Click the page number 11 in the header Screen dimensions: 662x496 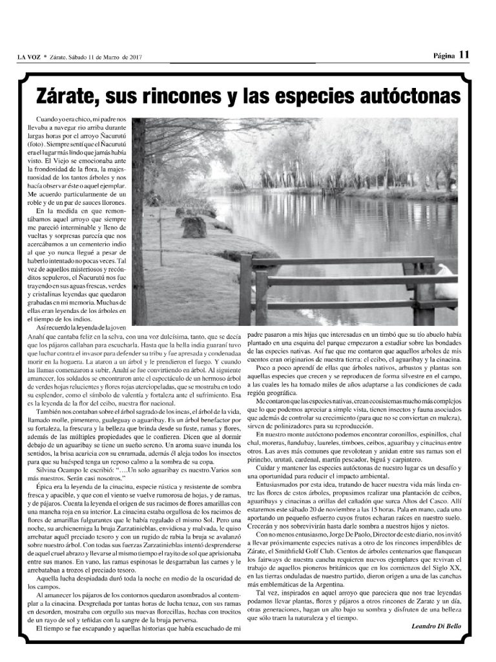tap(464, 55)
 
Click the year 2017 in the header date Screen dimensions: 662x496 tap(134, 57)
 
